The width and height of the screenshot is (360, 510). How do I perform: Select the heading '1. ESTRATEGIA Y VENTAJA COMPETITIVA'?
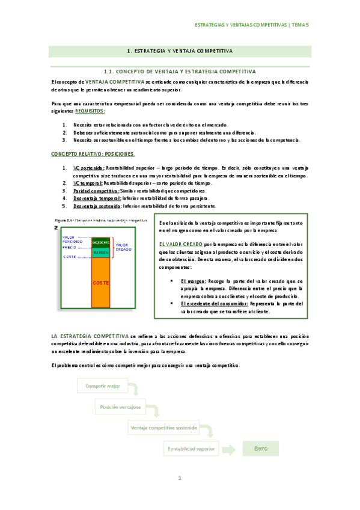pyautogui.click(x=180, y=52)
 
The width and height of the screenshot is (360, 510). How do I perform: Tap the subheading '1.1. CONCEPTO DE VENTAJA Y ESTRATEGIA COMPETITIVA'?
pyautogui.click(x=180, y=71)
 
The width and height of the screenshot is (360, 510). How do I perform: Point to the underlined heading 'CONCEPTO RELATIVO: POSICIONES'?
pyautogui.click(x=84, y=155)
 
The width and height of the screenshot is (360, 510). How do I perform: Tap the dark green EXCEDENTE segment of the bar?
pyautogui.click(x=101, y=242)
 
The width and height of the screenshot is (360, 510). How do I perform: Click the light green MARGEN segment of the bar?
pyautogui.click(x=101, y=253)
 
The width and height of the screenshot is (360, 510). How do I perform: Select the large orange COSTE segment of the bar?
pyautogui.click(x=101, y=282)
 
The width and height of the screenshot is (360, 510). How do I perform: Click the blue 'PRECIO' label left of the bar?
pyautogui.click(x=69, y=247)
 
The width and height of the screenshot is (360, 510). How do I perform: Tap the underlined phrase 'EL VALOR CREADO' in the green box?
pyautogui.click(x=180, y=244)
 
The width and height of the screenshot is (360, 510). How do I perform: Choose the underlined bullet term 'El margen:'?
pyautogui.click(x=192, y=280)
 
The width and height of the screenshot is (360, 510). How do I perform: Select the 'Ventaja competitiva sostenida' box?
pyautogui.click(x=163, y=428)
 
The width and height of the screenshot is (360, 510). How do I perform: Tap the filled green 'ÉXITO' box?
pyautogui.click(x=260, y=448)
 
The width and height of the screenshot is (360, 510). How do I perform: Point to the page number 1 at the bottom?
pyautogui.click(x=179, y=478)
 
